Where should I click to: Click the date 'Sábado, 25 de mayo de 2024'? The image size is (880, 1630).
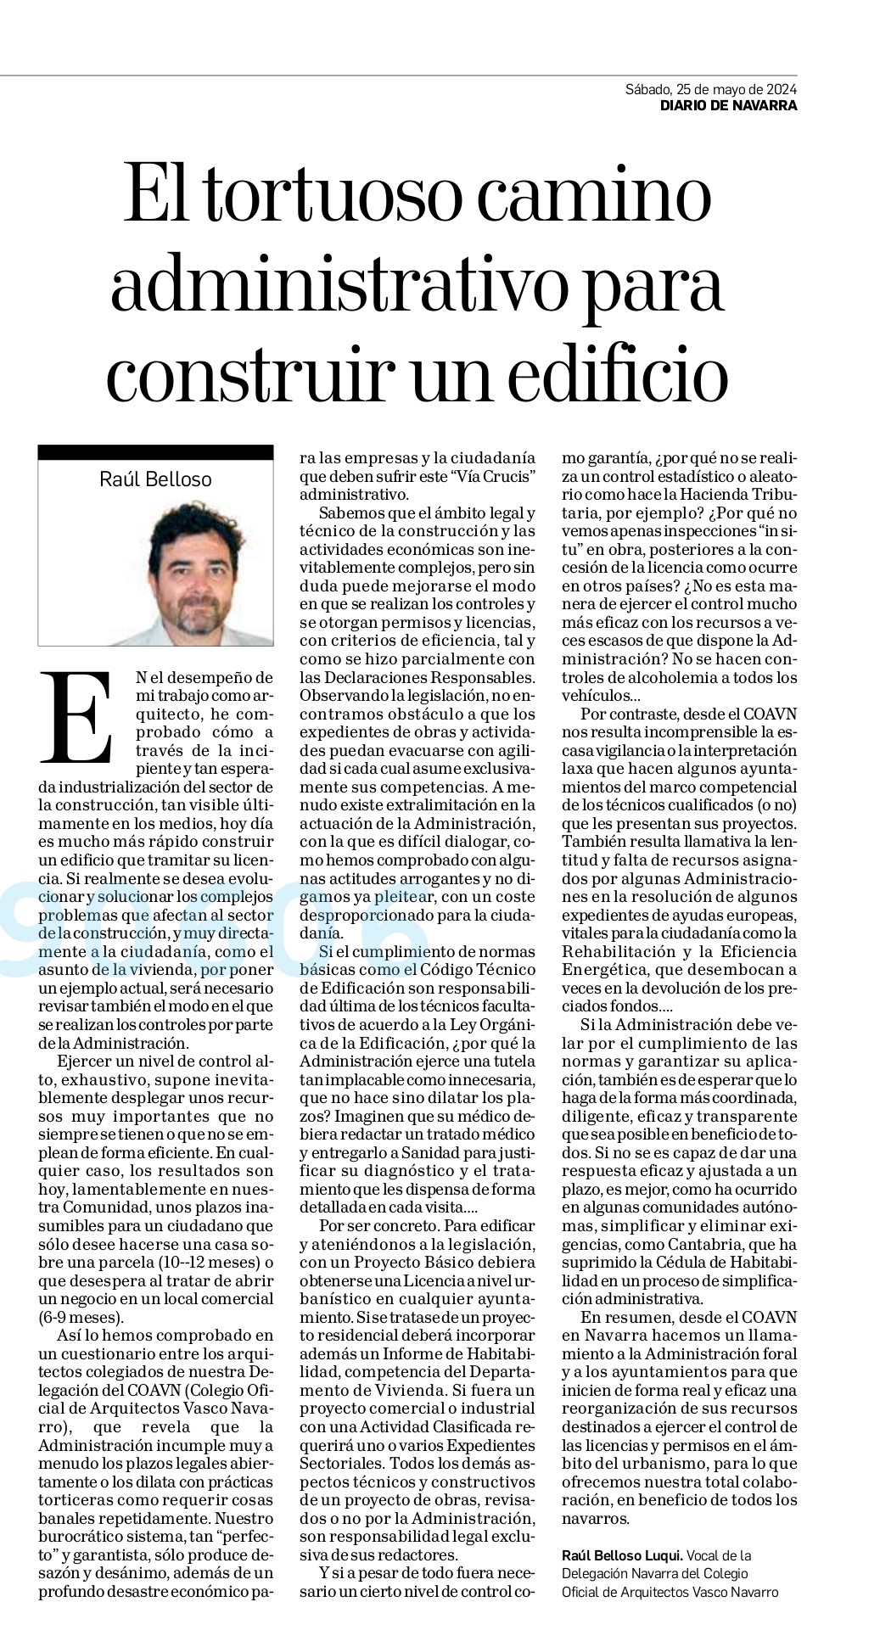coord(711,89)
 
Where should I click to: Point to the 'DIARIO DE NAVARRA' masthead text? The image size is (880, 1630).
coord(729,106)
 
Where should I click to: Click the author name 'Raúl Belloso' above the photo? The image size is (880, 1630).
coord(155,479)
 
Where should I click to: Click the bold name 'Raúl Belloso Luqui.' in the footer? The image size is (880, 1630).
coord(622,1555)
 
